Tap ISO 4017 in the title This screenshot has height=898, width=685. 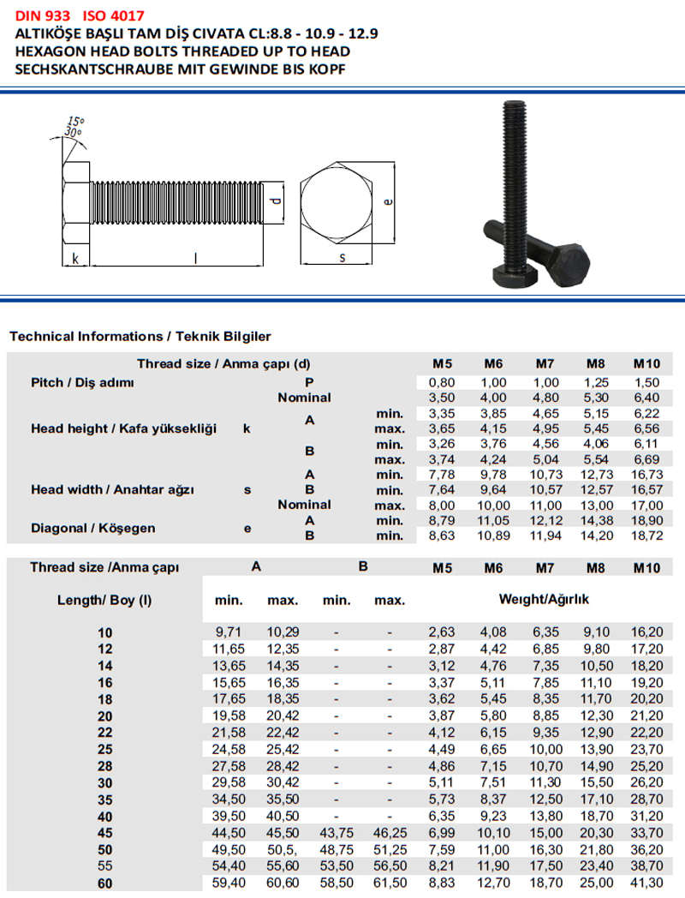tap(115, 15)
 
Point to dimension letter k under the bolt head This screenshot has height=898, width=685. tap(75, 258)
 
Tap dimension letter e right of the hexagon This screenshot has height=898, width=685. tap(388, 202)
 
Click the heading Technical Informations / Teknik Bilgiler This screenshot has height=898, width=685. tap(140, 337)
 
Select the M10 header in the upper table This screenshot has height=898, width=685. tap(647, 363)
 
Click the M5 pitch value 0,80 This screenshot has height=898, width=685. tap(442, 382)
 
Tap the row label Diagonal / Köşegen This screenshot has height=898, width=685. tap(93, 528)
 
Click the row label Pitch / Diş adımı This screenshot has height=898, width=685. tap(82, 382)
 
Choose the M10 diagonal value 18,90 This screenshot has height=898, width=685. tap(647, 520)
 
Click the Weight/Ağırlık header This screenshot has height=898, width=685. tap(544, 600)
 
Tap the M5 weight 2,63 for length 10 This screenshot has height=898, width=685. tap(442, 632)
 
